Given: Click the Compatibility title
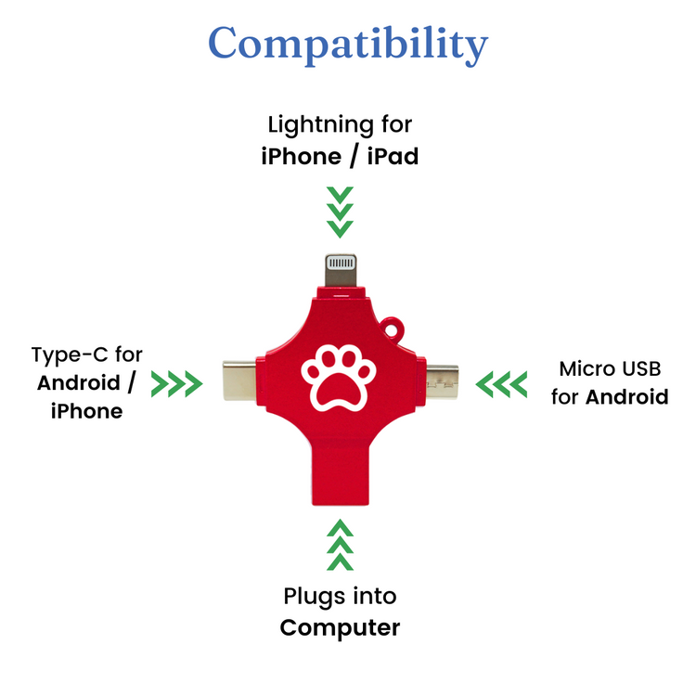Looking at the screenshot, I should coord(348,44).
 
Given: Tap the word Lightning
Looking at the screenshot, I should coord(314,124).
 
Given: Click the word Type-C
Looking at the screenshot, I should coord(68,355).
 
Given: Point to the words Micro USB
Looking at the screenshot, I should coord(610,369).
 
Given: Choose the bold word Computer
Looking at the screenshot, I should coord(340,627).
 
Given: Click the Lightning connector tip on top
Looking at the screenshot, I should coord(341,269).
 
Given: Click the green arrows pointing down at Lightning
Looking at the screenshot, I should coord(341,211).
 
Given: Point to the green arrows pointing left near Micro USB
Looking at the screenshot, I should coord(501,381).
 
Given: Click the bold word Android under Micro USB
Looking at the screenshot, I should coord(627,398).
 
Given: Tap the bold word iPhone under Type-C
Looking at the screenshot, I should coord(86,411).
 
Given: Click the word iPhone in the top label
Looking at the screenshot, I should coord(301,156).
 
